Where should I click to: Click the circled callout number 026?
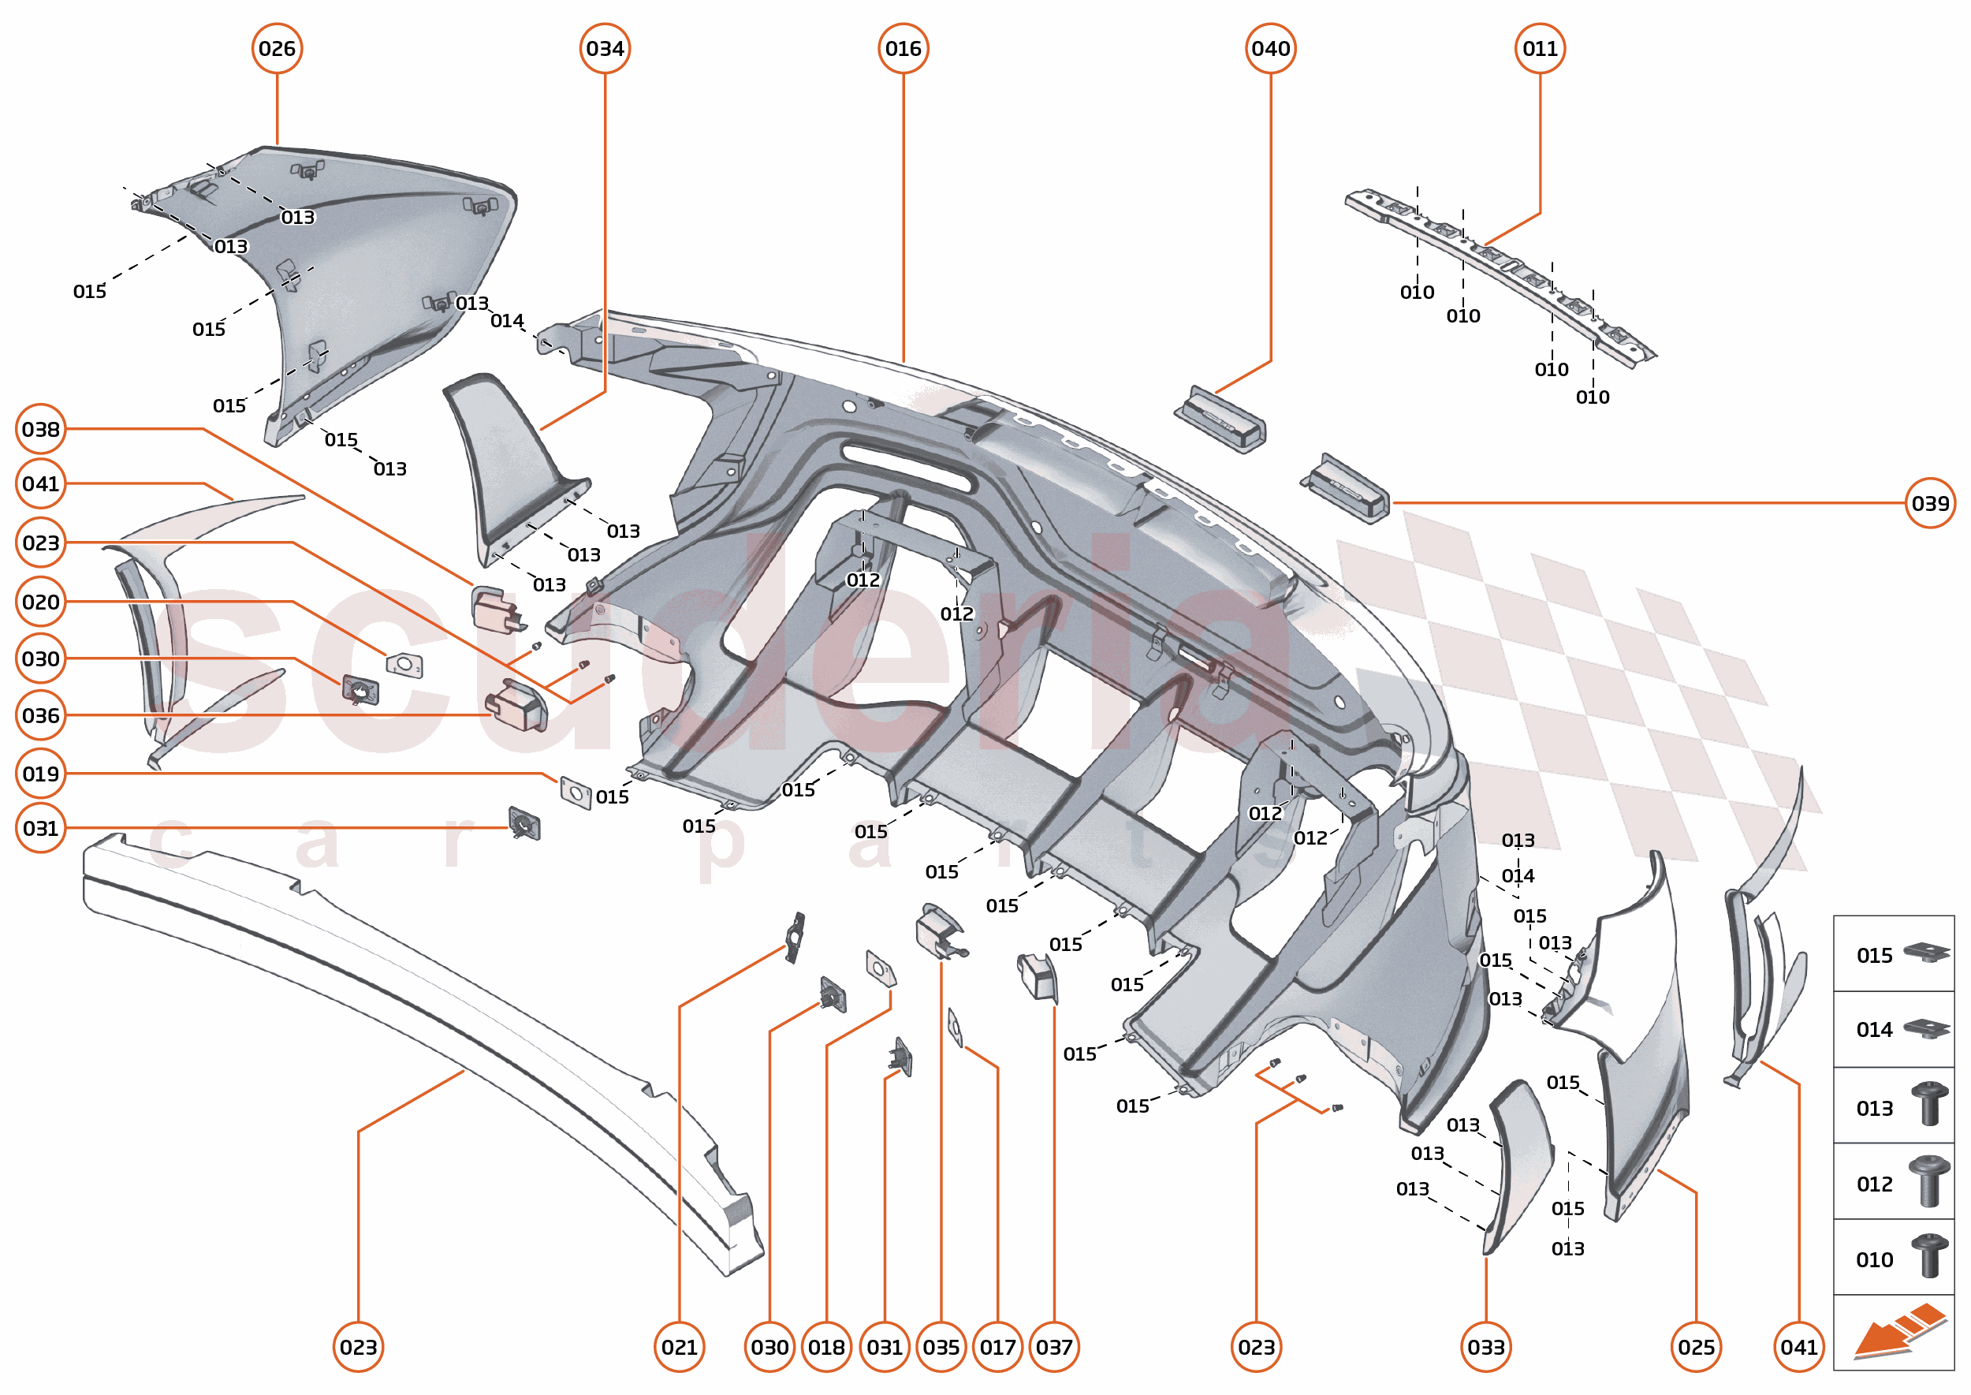[277, 49]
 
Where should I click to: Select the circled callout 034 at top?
[605, 49]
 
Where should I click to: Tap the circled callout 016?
[903, 49]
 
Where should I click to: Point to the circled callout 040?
[1270, 49]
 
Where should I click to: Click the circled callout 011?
[1539, 49]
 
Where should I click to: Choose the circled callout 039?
[1930, 503]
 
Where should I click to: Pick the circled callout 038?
[41, 430]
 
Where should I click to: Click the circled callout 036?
[41, 715]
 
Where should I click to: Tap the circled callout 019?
[41, 774]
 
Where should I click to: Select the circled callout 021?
[679, 1347]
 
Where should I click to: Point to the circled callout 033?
[1486, 1347]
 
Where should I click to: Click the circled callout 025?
[1696, 1347]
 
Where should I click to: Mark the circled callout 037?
[1054, 1347]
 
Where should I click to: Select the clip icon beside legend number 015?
[1926, 953]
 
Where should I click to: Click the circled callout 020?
[41, 602]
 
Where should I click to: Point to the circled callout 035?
[941, 1347]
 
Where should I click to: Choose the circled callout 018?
[826, 1347]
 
